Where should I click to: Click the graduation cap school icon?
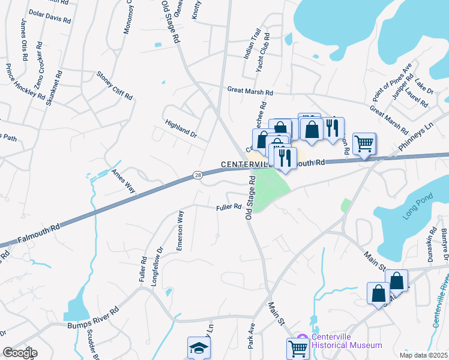point(199,348)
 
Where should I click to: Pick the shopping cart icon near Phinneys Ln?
point(364,144)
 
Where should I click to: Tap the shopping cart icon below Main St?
point(298,348)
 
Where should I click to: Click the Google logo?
point(19,353)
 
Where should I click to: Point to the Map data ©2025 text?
point(423,355)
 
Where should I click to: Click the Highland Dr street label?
point(181,127)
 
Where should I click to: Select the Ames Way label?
point(123,181)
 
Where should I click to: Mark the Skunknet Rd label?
point(58,85)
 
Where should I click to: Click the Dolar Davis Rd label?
point(50,16)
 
